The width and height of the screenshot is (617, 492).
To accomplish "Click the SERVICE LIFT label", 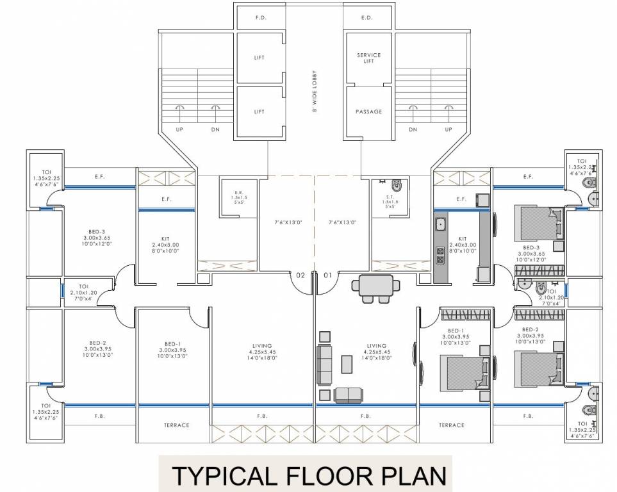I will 368,58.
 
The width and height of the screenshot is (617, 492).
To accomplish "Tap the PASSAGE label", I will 368,111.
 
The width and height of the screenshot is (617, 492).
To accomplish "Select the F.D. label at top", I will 261,18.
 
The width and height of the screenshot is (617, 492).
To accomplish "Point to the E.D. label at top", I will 367,18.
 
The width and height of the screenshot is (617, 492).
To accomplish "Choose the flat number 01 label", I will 327,275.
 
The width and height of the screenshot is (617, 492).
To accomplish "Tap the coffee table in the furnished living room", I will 347,364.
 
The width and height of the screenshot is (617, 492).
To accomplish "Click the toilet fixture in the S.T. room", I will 397,186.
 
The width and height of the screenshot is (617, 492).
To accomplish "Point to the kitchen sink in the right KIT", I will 441,225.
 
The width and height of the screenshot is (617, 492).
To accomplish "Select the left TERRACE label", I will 176,425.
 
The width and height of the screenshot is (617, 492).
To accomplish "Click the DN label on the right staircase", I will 413,129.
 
